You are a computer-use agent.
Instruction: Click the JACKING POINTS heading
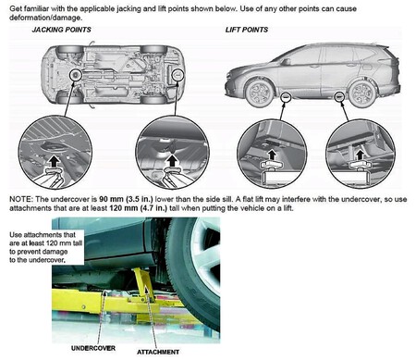[x=61, y=30]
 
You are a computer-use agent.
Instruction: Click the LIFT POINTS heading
[x=247, y=30]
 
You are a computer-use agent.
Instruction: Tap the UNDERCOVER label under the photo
[x=93, y=348]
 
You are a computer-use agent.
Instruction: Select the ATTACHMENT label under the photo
[x=158, y=352]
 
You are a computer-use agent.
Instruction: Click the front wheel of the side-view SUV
[x=259, y=93]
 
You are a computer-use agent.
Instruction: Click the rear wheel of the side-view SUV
[x=362, y=93]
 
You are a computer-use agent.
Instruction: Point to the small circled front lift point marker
[x=286, y=97]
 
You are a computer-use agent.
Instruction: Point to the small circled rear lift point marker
[x=339, y=97]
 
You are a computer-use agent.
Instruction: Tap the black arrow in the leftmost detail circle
[x=55, y=161]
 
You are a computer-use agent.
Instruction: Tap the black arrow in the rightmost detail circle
[x=360, y=155]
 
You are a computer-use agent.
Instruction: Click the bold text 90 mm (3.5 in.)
[x=126, y=199]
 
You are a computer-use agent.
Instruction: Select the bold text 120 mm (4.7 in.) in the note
[x=138, y=208]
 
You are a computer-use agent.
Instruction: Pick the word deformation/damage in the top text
[x=45, y=18]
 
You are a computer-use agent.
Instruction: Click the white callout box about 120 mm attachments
[x=46, y=247]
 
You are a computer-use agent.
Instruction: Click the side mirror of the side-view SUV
[x=286, y=62]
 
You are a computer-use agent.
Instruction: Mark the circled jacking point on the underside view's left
[x=76, y=75]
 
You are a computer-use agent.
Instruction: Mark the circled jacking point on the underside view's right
[x=177, y=75]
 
